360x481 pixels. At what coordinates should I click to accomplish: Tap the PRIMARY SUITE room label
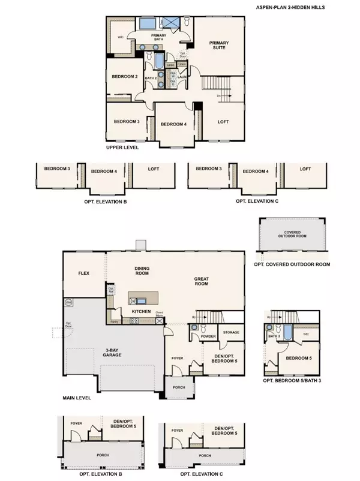(x=220, y=46)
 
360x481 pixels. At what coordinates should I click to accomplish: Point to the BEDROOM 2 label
(x=125, y=77)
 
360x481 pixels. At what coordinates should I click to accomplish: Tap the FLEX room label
(x=83, y=272)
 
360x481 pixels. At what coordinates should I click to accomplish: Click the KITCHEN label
(x=140, y=312)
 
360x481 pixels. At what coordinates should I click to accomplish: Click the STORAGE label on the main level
(x=231, y=332)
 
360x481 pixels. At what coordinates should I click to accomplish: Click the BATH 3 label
(x=275, y=336)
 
